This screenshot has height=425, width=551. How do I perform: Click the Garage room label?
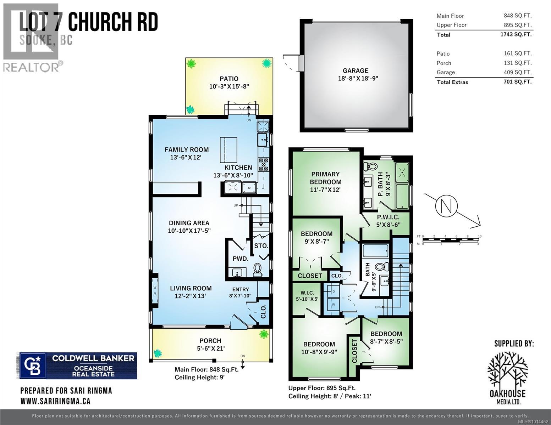[x=355, y=70]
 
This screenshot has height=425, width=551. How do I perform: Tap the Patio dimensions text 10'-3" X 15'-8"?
[x=229, y=86]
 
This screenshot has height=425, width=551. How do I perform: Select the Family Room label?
[x=186, y=149]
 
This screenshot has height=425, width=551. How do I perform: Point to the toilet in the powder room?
[x=258, y=270]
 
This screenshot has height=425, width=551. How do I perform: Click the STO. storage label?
[x=261, y=246]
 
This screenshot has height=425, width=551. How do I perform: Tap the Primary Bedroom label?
[x=325, y=178]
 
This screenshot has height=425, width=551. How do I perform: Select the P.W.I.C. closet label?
[x=388, y=217]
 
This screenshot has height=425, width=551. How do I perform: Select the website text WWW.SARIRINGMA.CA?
[x=55, y=401]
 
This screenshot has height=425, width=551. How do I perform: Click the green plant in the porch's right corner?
[x=264, y=334]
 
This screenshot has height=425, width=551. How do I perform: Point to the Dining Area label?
[x=189, y=223]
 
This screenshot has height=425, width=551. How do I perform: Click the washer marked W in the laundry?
[x=333, y=304]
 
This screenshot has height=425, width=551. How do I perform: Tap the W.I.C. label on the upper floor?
[x=307, y=293]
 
